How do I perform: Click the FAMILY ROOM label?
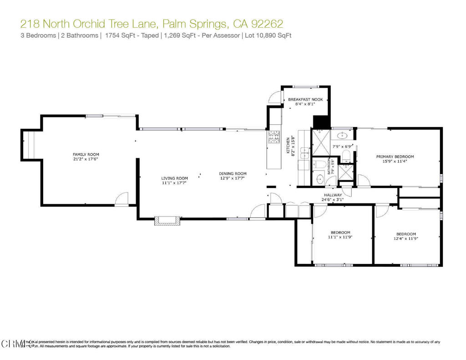pos(86,154)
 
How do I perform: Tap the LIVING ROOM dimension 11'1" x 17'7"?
pos(174,183)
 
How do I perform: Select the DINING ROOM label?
pos(233,173)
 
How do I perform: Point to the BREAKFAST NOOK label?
pos(305,99)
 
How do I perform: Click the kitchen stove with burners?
pos(274,137)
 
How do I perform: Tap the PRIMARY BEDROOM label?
pos(395,157)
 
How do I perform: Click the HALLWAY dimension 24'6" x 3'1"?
pos(333,199)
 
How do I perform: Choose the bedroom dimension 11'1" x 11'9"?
pos(340,237)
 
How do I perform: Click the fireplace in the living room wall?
pos(166,221)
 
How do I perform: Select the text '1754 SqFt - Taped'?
pos(132,35)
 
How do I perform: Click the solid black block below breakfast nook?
pos(321,122)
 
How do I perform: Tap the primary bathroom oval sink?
pos(343,136)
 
